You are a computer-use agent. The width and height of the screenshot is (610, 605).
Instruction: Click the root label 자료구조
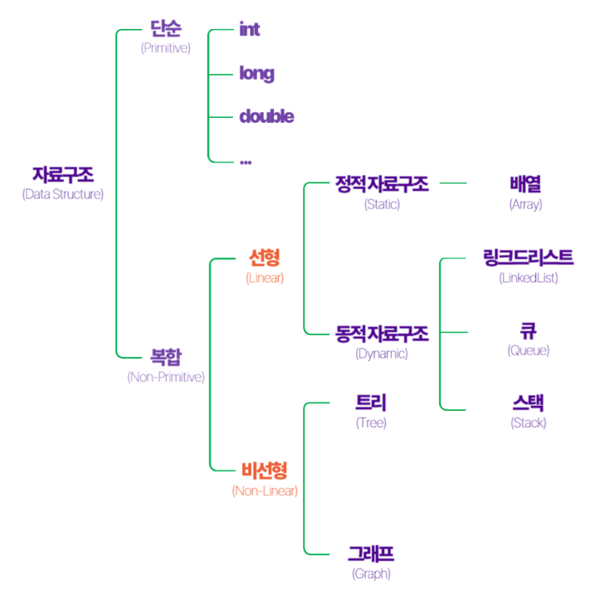(x=63, y=174)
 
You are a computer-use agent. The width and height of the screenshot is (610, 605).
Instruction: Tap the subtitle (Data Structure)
(x=63, y=194)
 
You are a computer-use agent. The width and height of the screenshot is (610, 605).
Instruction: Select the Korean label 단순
(x=166, y=28)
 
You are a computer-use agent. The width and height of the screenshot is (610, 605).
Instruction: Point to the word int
(x=249, y=29)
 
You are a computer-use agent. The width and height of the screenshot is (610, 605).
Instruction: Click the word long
(x=256, y=74)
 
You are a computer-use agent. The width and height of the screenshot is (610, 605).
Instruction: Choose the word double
(x=266, y=116)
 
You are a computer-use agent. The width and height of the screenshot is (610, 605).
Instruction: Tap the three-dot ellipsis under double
(x=246, y=162)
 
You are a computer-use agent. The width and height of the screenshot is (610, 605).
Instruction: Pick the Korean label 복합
(x=166, y=357)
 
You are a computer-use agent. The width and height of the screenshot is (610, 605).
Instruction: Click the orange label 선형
(x=265, y=257)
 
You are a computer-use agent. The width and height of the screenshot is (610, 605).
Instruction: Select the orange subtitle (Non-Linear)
(x=265, y=491)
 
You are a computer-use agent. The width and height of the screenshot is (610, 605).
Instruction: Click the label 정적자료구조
(x=382, y=184)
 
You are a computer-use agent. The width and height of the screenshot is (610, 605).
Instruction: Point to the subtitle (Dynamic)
(x=382, y=354)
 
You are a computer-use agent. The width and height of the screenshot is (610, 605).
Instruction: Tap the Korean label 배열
(x=525, y=184)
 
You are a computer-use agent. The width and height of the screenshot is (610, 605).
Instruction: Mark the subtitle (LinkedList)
(x=529, y=278)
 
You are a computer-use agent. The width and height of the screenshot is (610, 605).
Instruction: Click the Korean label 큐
(x=529, y=331)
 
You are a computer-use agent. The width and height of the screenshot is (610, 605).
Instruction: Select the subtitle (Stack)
(x=529, y=423)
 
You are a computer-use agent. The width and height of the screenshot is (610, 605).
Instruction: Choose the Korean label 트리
(x=371, y=403)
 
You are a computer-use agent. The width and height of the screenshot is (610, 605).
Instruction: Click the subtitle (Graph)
(x=371, y=573)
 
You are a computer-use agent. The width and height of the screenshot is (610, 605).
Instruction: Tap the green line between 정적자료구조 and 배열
(x=453, y=183)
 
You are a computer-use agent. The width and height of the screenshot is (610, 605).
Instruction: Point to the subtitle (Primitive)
(x=166, y=48)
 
